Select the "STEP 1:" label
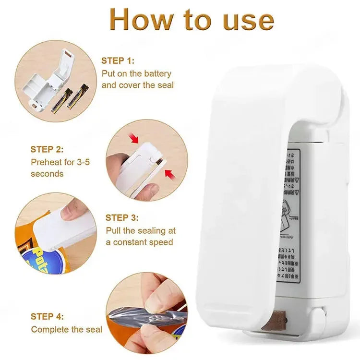[118, 61]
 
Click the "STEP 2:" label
[47, 149]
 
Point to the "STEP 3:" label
[124, 217]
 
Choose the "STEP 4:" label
[47, 316]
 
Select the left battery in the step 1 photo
[62, 101]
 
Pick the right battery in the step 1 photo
[78, 96]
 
